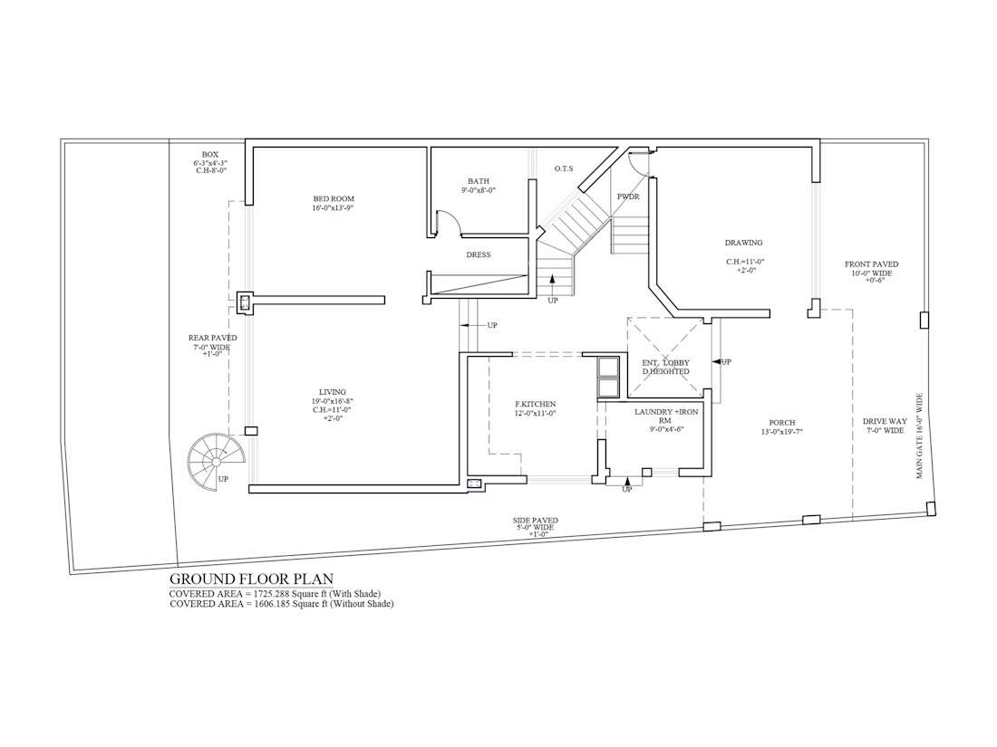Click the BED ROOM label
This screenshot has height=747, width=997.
coord(334,199)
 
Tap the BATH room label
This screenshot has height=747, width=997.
coord(479,181)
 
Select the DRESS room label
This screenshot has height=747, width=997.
coord(479,254)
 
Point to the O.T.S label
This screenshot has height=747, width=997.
coord(564,168)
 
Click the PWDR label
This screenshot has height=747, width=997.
coord(628,196)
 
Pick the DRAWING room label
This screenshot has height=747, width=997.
coord(743,243)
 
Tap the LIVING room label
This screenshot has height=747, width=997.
coord(333,393)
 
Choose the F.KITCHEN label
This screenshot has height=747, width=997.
coord(536,404)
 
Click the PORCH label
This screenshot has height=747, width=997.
coord(782,423)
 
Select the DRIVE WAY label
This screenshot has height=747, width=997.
coord(885,421)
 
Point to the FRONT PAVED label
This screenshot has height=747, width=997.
coord(872,264)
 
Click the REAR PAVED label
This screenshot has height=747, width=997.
coord(212,338)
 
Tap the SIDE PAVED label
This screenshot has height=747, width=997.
coord(536,521)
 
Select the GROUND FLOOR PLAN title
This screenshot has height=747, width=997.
coord(251,579)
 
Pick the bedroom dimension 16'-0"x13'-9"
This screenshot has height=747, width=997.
coord(333,208)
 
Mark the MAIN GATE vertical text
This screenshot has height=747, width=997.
coord(919,436)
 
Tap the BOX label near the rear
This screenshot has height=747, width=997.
coord(210,154)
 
